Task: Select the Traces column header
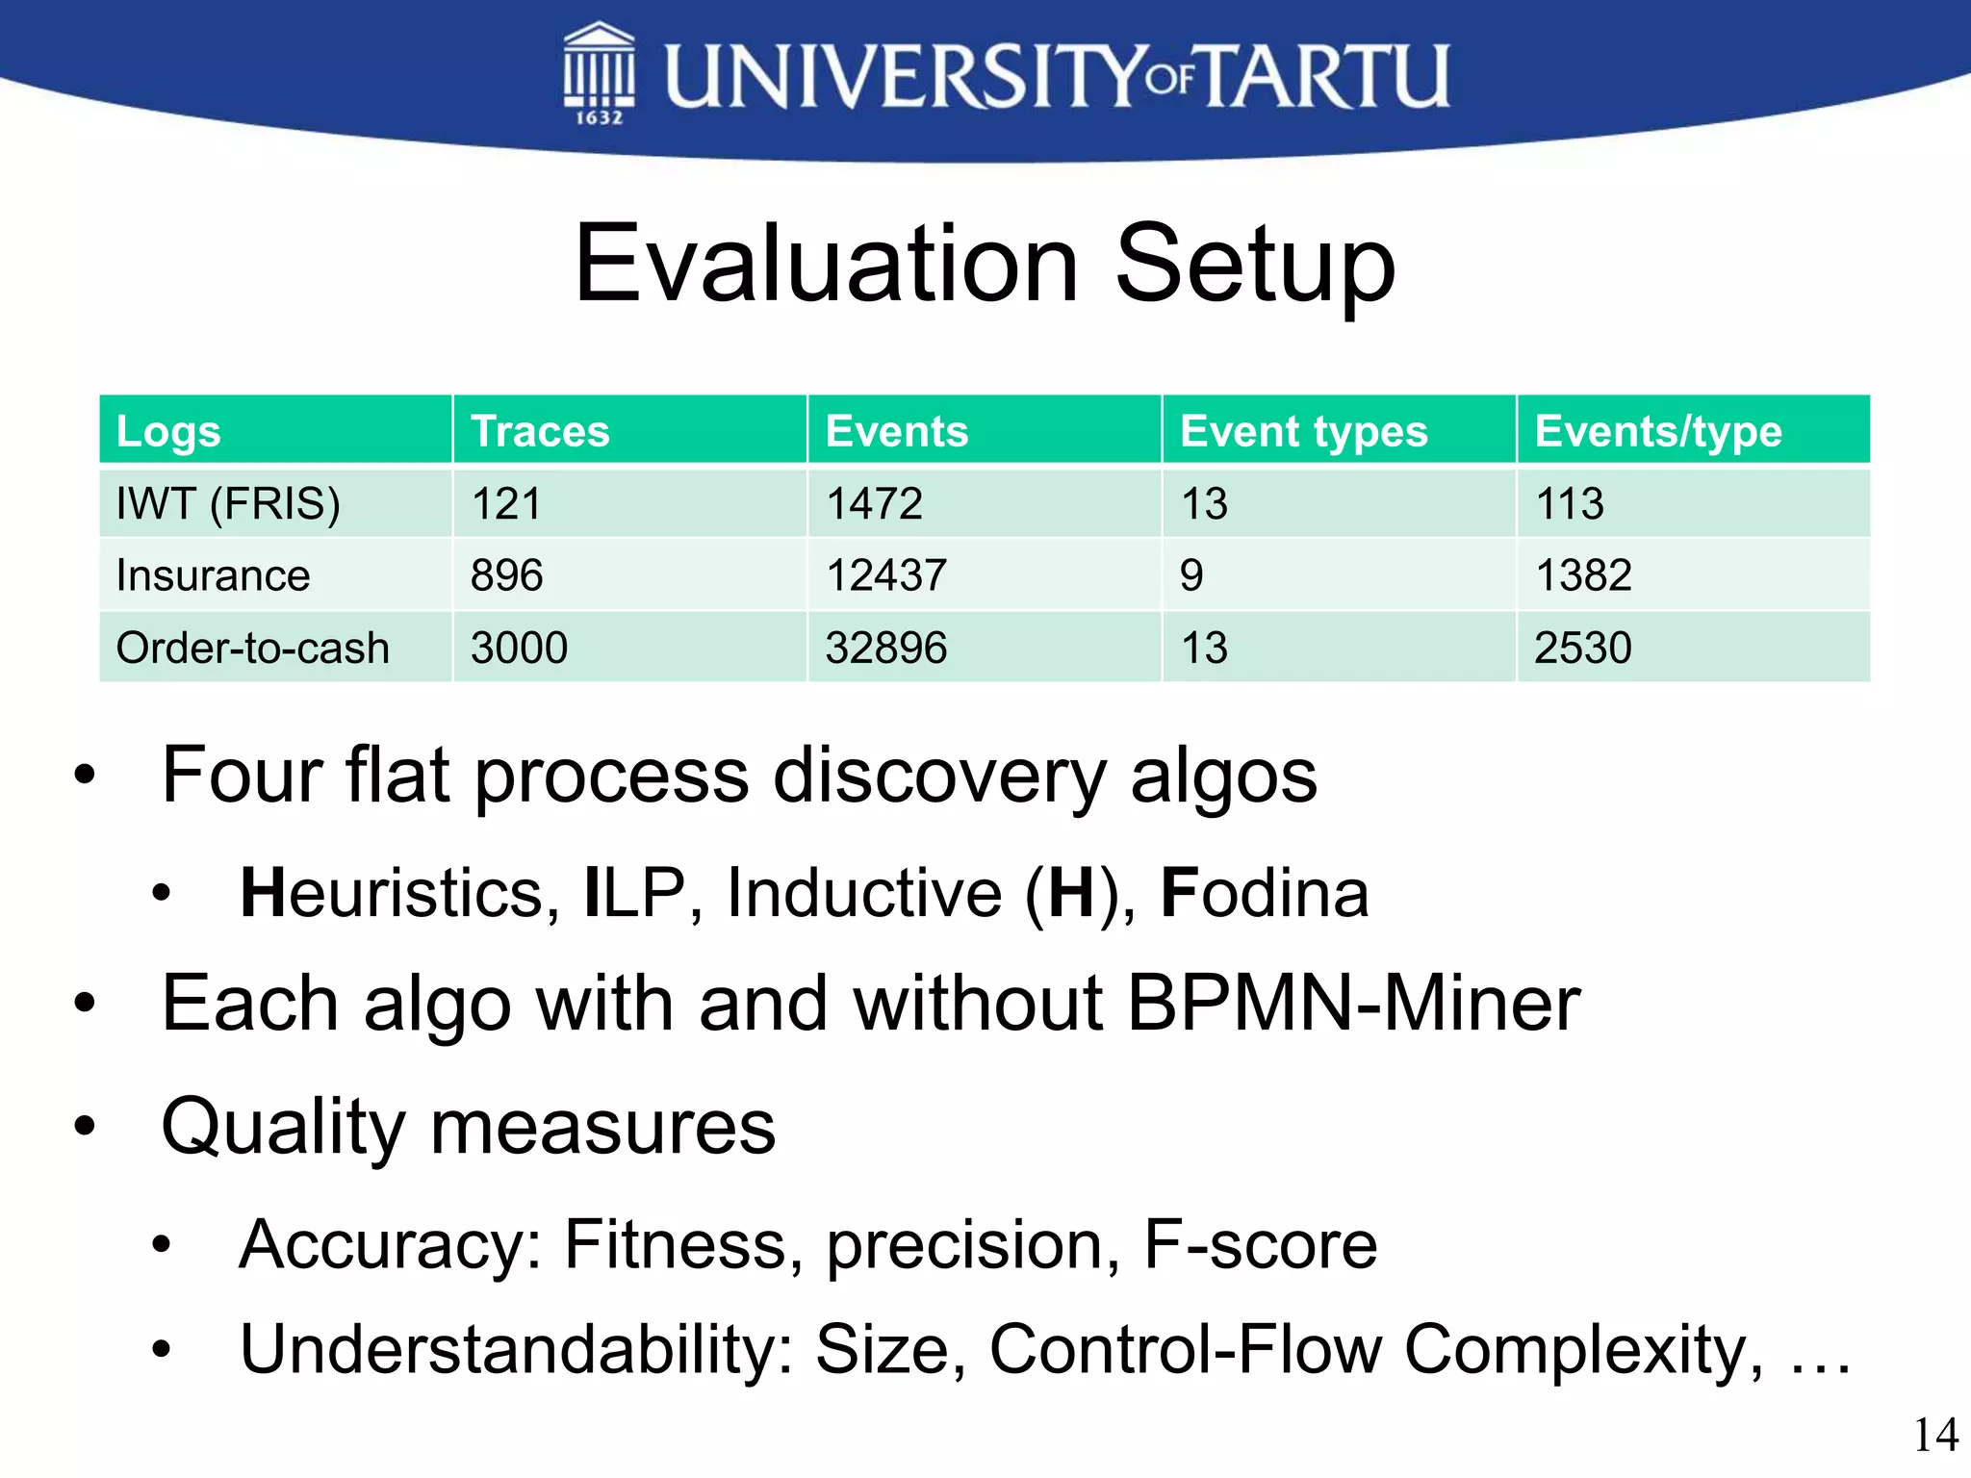[540, 431]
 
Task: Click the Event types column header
[1304, 431]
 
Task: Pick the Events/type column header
[1658, 431]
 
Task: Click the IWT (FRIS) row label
[228, 503]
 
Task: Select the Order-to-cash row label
[253, 648]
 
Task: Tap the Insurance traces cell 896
[507, 575]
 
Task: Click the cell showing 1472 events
[875, 503]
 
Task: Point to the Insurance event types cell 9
[1191, 575]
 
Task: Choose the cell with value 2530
[1583, 648]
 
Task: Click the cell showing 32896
[886, 648]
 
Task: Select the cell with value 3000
[520, 648]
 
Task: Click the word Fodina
[1265, 893]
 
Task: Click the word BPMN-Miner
[1353, 1004]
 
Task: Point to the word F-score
[1260, 1244]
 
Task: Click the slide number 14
[1935, 1435]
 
